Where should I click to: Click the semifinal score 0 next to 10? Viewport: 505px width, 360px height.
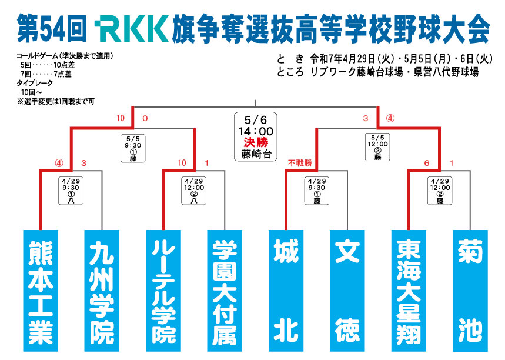pos(145,118)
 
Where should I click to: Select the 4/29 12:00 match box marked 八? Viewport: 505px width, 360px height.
pos(194,190)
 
